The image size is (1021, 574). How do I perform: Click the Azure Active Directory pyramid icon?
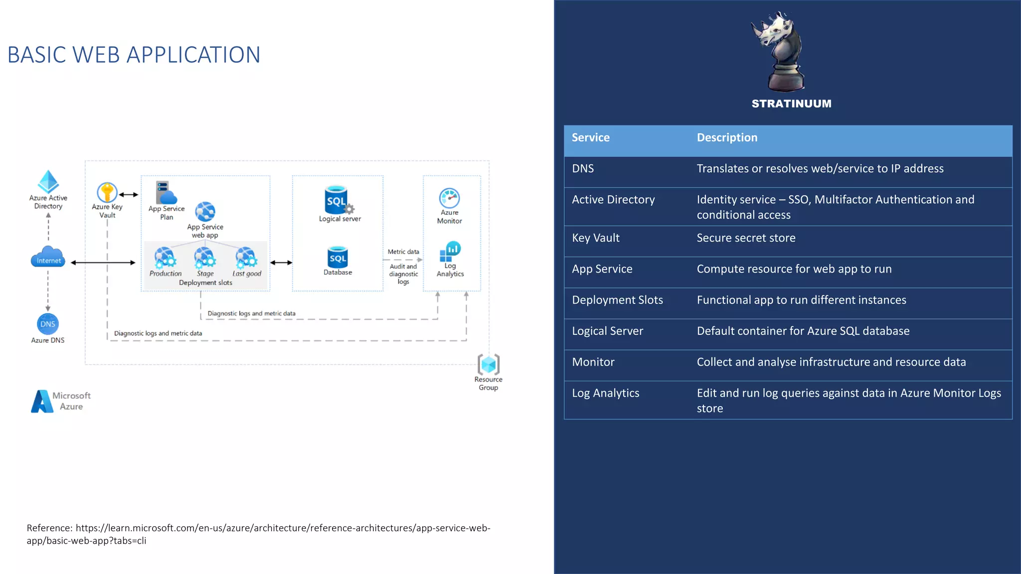point(48,182)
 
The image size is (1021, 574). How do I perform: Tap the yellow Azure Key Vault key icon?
point(107,192)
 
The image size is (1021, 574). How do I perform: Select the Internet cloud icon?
point(48,257)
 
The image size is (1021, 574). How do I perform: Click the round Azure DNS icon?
point(48,324)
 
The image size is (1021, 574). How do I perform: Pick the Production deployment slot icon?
point(165,258)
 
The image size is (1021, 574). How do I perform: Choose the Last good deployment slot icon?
point(246,258)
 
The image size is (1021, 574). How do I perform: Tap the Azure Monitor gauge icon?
point(449,198)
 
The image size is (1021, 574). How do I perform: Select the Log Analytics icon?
point(450,251)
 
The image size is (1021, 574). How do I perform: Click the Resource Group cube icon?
point(489,364)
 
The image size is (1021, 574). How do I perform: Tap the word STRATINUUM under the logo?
point(791,104)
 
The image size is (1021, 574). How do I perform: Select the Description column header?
point(727,138)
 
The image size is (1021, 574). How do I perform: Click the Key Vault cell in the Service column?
point(596,238)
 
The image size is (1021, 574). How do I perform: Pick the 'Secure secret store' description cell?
point(746,238)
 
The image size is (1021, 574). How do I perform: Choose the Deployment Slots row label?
point(617,300)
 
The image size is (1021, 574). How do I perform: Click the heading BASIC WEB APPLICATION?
point(134,55)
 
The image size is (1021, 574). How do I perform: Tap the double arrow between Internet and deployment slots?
point(103,263)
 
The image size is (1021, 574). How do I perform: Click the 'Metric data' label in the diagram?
point(403,252)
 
